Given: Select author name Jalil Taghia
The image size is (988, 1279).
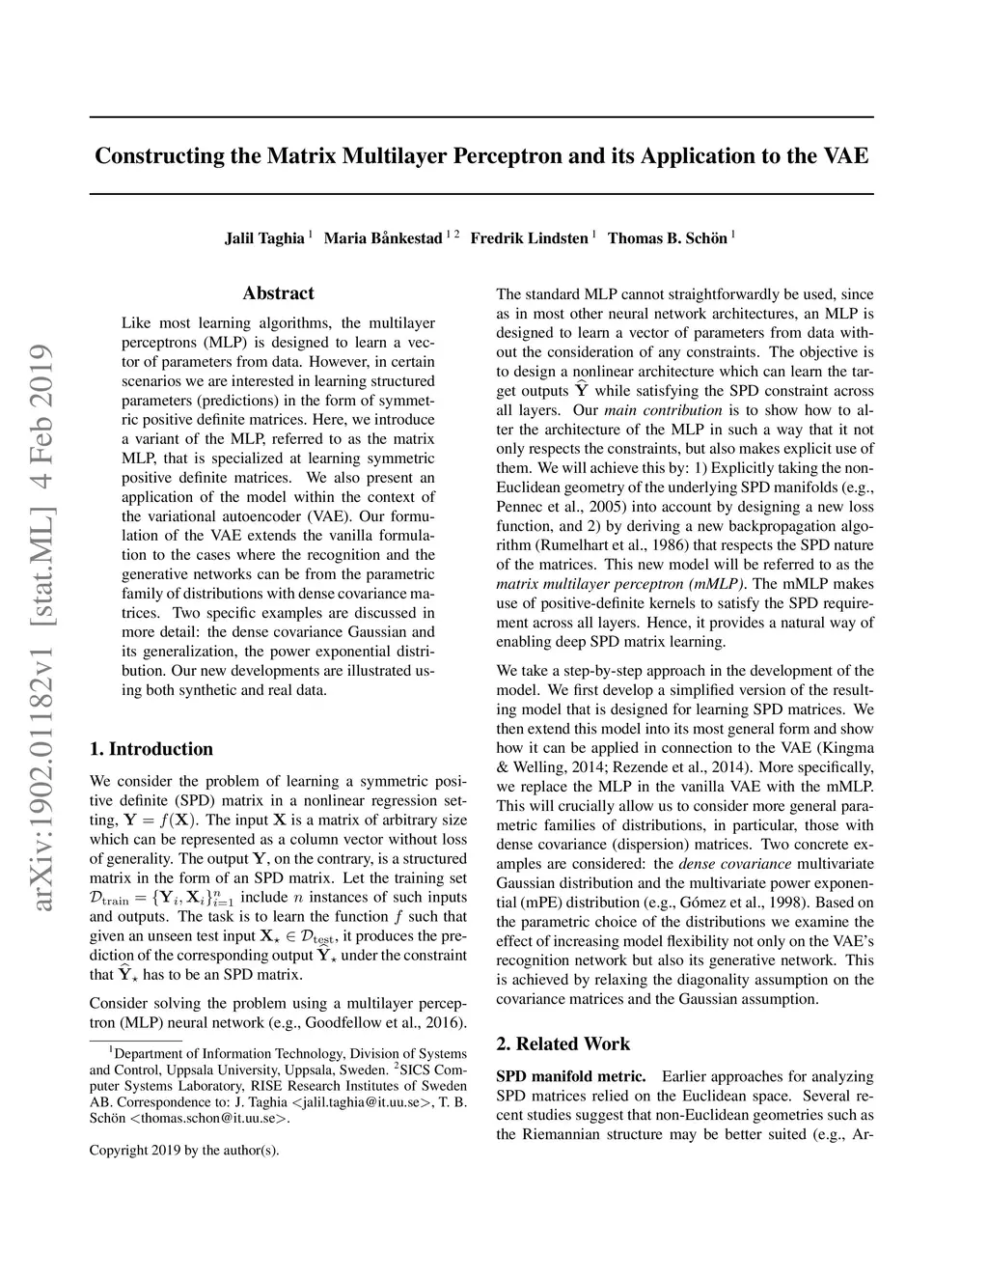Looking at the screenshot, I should click(264, 238).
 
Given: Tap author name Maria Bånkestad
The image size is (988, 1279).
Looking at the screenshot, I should click(383, 238).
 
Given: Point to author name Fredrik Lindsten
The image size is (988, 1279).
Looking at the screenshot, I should click(529, 238).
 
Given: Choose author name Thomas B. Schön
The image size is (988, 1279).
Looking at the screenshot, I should click(667, 238).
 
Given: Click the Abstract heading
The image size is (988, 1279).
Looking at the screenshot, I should click(278, 293).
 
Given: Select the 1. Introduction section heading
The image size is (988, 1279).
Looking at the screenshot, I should click(151, 749).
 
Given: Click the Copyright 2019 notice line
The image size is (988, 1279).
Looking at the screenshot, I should click(184, 1150).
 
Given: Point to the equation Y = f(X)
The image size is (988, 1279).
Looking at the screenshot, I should click(160, 820).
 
